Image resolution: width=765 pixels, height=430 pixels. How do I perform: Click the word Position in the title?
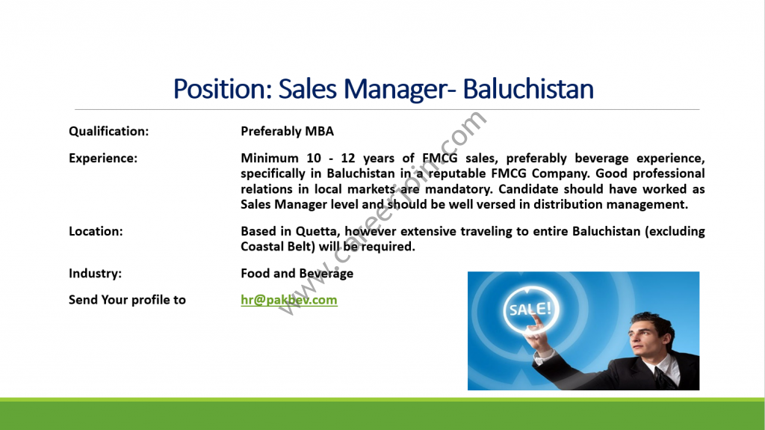pos(223,89)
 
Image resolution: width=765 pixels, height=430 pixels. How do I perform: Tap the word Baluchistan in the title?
pos(528,89)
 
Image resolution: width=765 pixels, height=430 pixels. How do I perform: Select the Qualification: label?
pos(109,132)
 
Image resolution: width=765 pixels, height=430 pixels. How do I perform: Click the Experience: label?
pos(103,159)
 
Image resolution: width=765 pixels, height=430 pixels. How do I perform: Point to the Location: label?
pos(96,231)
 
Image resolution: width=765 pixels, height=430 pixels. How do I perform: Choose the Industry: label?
pos(95,273)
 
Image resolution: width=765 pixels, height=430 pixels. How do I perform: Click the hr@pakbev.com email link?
pos(289,300)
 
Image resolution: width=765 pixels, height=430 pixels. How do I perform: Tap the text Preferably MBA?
pos(288,132)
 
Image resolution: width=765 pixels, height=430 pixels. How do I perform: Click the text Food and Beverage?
pos(297,274)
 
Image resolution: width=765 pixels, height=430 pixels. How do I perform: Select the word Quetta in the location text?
pos(318,232)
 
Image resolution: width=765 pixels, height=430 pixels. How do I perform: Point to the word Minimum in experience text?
pos(270,159)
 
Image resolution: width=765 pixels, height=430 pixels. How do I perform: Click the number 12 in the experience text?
pos(348,159)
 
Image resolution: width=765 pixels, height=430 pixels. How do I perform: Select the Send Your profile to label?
pos(127,300)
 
